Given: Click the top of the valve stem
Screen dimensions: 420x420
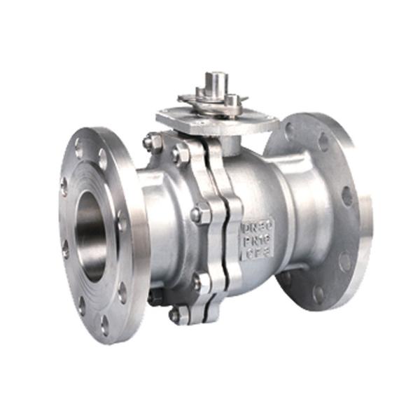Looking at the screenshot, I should [216, 76].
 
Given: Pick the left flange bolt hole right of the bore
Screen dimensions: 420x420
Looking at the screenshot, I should [122, 223].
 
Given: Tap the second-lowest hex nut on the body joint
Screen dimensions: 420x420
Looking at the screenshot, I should [202, 282].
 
